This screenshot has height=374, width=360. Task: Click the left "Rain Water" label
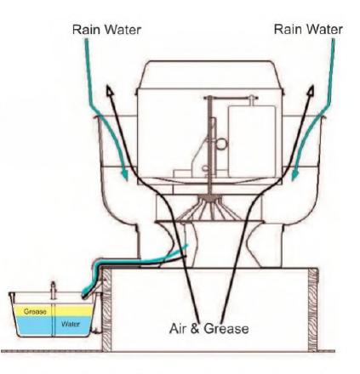click(106, 30)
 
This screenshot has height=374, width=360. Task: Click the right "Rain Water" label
click(308, 30)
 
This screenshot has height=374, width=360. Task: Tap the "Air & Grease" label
click(209, 329)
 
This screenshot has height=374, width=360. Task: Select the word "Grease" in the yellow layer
click(35, 312)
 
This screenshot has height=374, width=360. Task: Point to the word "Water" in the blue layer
click(71, 324)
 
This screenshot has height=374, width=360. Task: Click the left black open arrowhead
click(109, 90)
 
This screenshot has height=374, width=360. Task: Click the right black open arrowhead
click(311, 90)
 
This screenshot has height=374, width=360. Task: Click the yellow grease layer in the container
click(54, 311)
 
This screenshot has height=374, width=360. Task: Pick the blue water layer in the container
click(54, 326)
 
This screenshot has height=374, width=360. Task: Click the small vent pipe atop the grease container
click(53, 291)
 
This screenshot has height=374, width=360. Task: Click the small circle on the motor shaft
click(221, 144)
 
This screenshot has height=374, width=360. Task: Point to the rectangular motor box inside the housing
click(252, 142)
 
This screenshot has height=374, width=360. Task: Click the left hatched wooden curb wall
click(106, 310)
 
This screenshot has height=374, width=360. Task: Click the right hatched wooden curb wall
click(312, 310)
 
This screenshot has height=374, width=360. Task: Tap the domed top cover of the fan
click(210, 74)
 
